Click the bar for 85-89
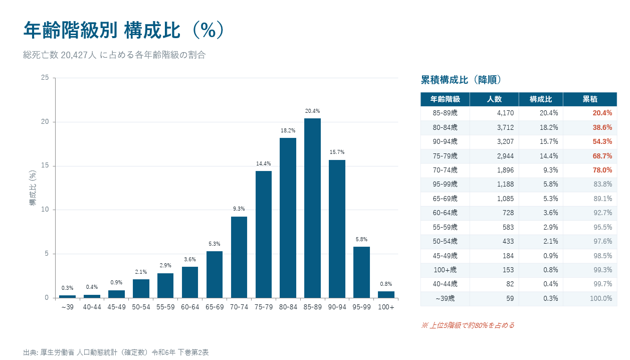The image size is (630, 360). pos(312,208)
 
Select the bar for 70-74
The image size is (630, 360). pos(239,257)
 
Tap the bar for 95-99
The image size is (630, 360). pos(361,272)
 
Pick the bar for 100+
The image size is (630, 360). pos(386,294)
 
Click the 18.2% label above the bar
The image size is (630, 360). pos(288,130)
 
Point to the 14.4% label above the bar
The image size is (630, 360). pos(264,163)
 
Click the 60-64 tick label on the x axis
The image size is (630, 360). pos(190,306)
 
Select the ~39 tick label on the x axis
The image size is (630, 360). pos(67,306)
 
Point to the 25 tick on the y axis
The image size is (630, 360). pos(45,78)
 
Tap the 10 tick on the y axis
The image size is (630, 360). pos(45,210)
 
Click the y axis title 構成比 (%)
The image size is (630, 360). pos(33,188)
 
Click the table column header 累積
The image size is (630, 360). pos(589,99)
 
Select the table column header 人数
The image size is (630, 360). pos(494,99)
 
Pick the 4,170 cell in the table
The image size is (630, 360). pos(505,113)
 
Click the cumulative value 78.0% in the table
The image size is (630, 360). pos(602,170)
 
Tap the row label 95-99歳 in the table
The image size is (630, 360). pos(445,185)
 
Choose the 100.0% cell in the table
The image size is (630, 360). pos(600,299)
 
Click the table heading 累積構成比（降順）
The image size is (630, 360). pos(461,80)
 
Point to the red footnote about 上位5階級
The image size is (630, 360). pos(468,325)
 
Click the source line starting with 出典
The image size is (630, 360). pos(116,352)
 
